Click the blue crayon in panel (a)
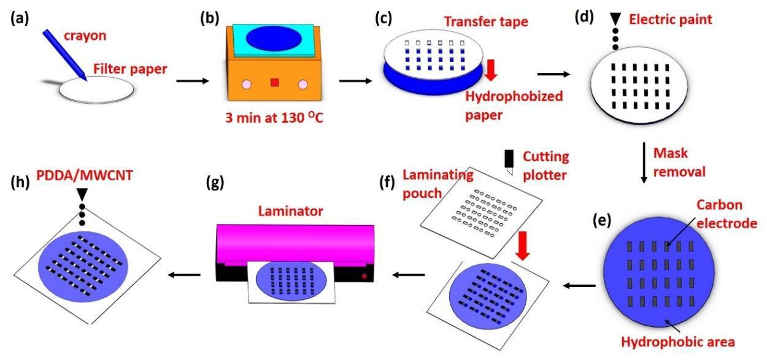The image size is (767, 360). point(64,55)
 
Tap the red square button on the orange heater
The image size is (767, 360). point(275,82)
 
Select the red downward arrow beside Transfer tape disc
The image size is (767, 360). point(491,70)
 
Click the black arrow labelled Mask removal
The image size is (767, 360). point(644,163)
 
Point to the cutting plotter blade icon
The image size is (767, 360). point(509,162)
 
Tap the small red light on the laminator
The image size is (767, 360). point(364,276)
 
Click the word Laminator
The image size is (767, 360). point(290,211)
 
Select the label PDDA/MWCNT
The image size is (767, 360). point(85,175)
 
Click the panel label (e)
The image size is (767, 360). point(602,221)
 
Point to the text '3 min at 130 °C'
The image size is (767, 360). point(274,118)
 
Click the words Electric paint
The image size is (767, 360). point(671,19)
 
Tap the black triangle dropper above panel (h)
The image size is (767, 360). point(82,194)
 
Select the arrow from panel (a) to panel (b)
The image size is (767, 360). point(193,81)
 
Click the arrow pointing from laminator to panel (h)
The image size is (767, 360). point(184,275)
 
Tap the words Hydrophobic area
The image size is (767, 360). point(678,342)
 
